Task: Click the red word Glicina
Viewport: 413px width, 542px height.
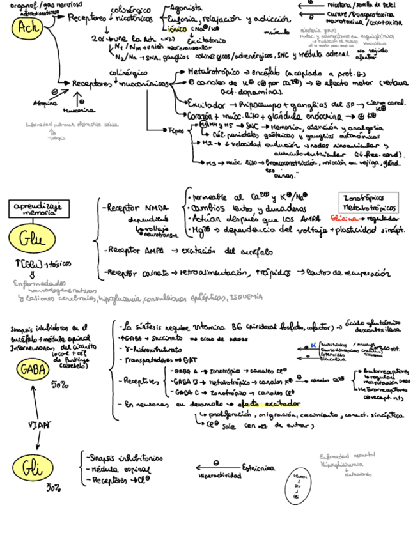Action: (346, 219)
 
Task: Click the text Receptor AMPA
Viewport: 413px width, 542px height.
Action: (132, 250)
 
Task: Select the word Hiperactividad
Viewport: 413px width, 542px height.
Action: (220, 476)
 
